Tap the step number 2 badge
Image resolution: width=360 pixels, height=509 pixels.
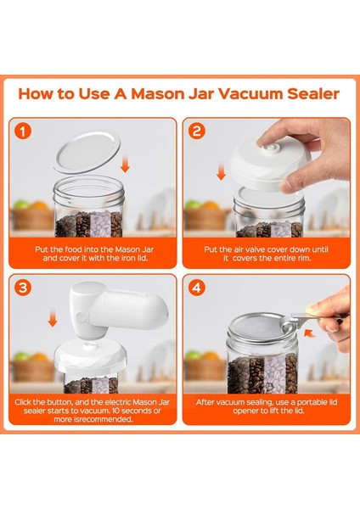[x=198, y=132]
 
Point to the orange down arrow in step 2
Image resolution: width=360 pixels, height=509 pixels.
[x=221, y=173]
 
